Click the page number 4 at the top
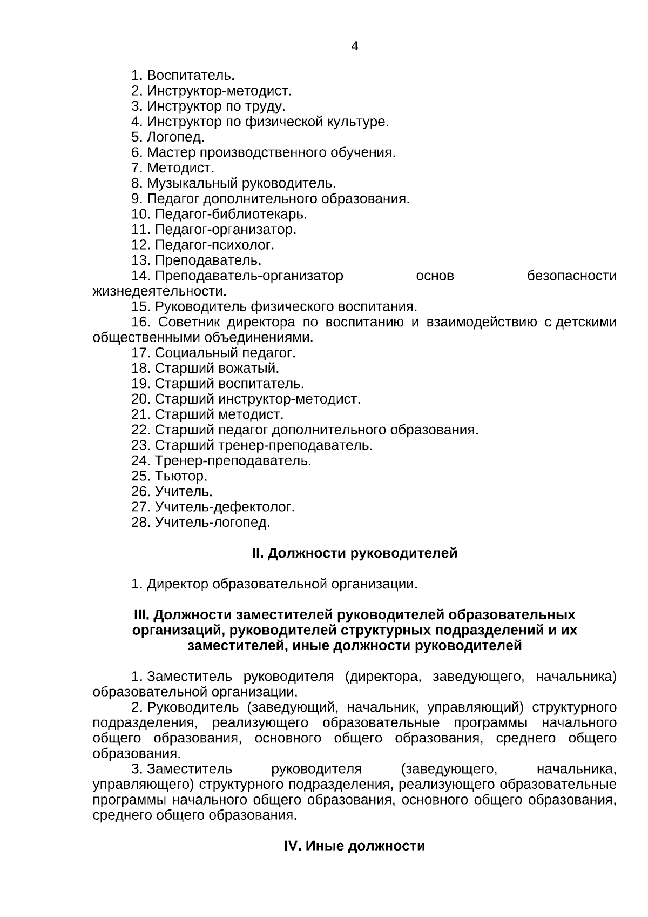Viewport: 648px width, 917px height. (x=354, y=46)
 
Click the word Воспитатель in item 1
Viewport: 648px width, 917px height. (x=191, y=75)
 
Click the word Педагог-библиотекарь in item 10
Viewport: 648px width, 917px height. (x=231, y=214)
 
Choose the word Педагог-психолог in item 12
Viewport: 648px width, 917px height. (x=214, y=245)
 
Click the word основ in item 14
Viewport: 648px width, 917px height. (x=435, y=276)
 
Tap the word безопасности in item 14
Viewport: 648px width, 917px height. (x=571, y=276)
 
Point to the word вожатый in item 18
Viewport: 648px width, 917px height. (x=249, y=369)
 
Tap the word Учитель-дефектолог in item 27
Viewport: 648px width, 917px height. (x=225, y=507)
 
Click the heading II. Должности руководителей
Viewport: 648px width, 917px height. (x=354, y=553)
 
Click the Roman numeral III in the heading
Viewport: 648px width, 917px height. (x=141, y=615)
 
